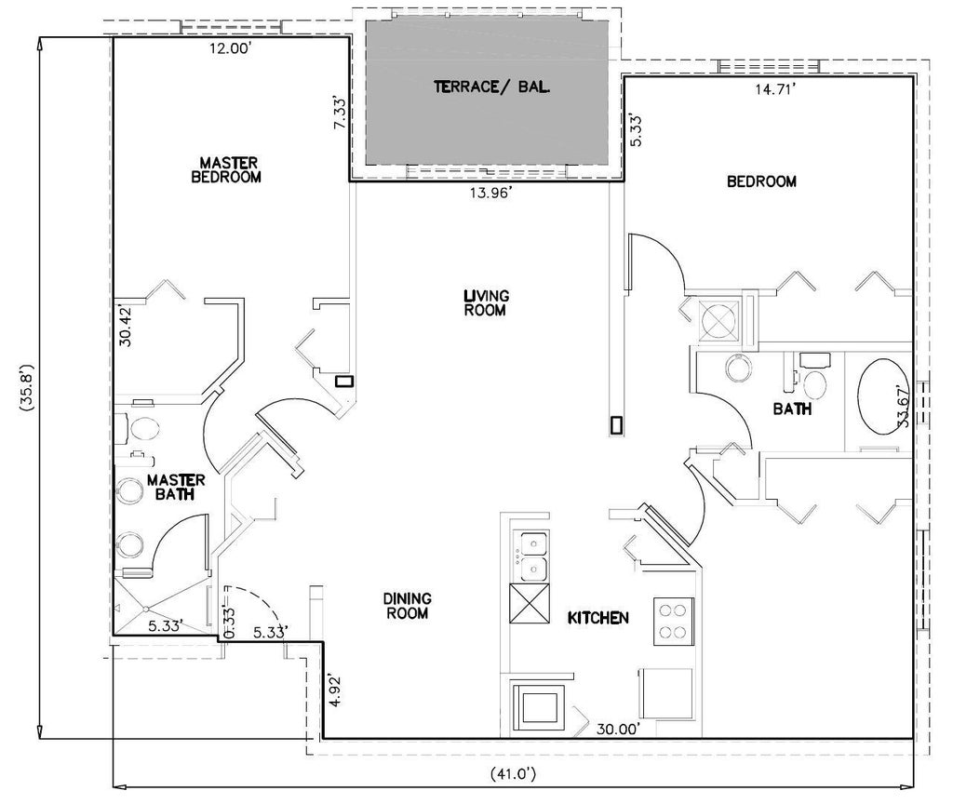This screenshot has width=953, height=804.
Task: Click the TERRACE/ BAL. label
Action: [491, 87]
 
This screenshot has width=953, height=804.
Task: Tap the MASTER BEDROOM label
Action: [226, 170]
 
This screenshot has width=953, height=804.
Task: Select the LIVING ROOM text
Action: [486, 302]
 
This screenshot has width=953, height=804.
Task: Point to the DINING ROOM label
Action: [408, 606]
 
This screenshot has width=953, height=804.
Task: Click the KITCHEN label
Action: [598, 618]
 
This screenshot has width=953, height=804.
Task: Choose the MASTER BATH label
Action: [176, 488]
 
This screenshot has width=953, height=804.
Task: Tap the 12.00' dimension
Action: [231, 48]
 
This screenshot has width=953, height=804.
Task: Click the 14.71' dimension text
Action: [775, 89]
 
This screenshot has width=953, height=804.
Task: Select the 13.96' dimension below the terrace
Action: [490, 194]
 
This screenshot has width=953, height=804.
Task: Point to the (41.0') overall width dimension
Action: [513, 773]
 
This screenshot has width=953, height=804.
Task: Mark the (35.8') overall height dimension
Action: [27, 389]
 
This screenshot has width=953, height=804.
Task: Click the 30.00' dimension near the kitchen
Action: [618, 729]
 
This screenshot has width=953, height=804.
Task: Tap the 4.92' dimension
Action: [334, 690]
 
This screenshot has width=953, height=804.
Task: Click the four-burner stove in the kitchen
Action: [674, 621]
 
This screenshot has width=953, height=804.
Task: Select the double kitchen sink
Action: [534, 556]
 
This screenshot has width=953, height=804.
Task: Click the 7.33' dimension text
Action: [342, 113]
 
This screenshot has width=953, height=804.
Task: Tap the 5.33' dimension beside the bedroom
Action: [635, 129]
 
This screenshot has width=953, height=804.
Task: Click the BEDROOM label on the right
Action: [761, 181]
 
